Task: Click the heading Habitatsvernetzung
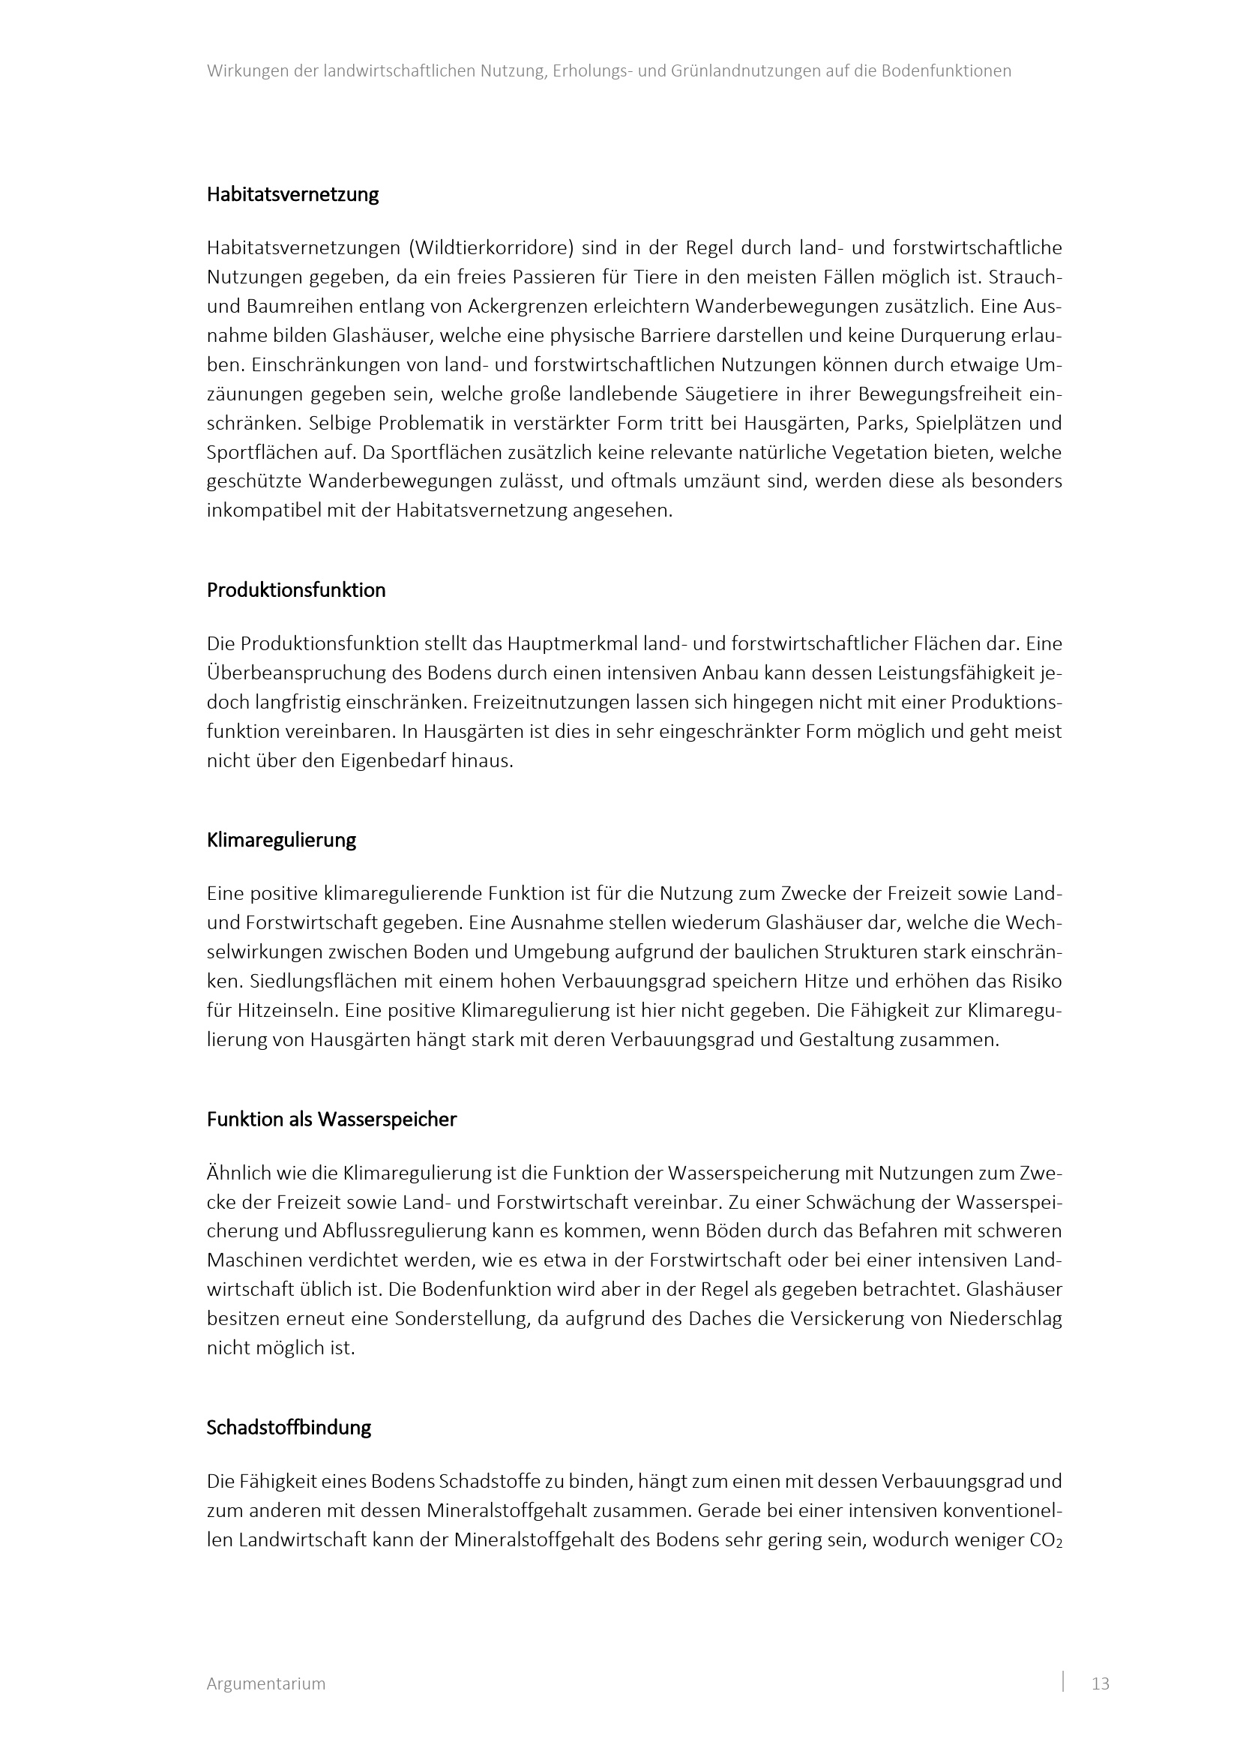292,195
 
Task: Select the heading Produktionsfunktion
296,590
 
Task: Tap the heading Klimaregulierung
281,841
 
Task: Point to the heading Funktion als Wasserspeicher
331,1120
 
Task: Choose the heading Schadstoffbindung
289,1428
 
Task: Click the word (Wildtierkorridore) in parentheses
491,248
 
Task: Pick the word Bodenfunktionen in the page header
947,71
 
